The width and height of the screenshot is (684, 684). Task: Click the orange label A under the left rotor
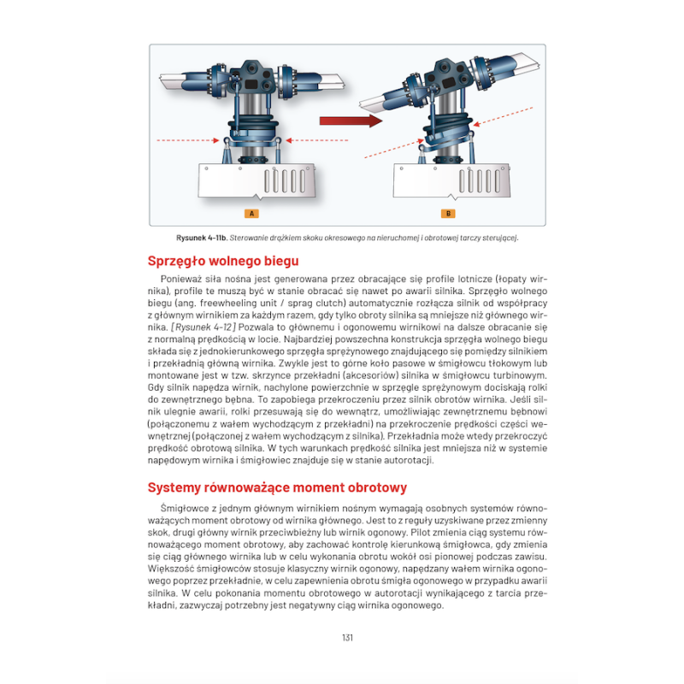[x=251, y=213]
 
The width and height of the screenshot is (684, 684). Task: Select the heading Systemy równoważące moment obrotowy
[x=277, y=487]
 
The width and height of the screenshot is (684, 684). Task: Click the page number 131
[x=347, y=637]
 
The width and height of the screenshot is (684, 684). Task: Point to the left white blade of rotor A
[x=190, y=83]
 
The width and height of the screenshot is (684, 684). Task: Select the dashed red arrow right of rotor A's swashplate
[x=315, y=139]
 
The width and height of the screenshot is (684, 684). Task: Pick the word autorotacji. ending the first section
[x=407, y=460]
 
